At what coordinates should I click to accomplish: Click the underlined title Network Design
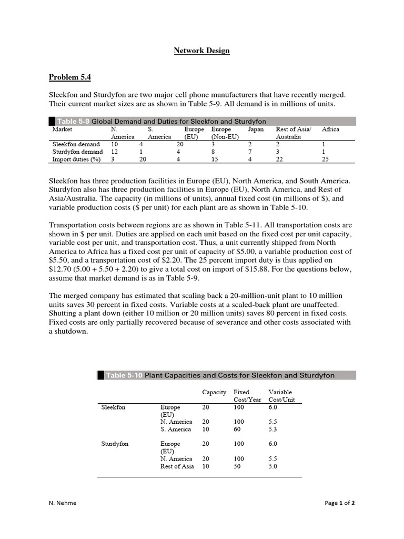[x=202, y=51]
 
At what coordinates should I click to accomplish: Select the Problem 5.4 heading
[x=69, y=77]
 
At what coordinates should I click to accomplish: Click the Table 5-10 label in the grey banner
[x=124, y=375]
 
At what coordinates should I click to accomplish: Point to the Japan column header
[x=256, y=129]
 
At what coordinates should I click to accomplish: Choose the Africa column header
[x=330, y=129]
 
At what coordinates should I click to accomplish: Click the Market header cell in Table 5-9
[x=62, y=129]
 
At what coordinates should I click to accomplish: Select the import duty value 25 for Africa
[x=325, y=158]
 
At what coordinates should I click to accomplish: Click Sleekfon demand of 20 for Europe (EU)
[x=180, y=144]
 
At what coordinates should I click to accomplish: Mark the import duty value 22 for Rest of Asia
[x=280, y=158]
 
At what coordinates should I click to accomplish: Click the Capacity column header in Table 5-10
[x=214, y=392]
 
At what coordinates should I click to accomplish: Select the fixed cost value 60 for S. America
[x=238, y=429]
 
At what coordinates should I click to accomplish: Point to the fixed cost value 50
[x=238, y=466]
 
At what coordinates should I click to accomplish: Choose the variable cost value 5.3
[x=272, y=429]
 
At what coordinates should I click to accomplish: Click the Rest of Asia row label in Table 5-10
[x=177, y=466]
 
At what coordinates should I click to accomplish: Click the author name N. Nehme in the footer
[x=62, y=503]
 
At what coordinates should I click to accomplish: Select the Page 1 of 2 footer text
[x=339, y=503]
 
